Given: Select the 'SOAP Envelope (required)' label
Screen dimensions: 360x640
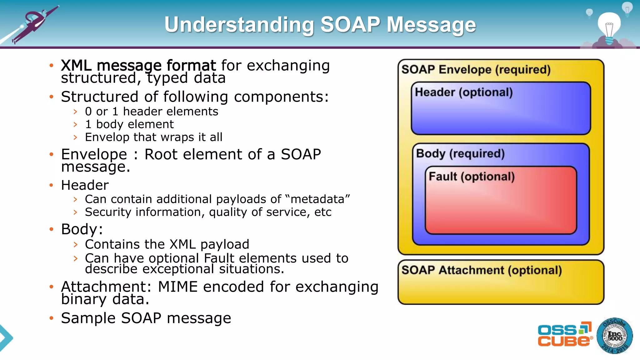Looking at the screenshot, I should [476, 69].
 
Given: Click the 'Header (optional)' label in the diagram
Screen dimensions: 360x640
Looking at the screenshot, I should [464, 92].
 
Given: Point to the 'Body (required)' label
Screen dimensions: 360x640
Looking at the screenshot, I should [460, 153].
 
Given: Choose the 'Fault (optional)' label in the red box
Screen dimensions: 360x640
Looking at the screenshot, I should [472, 177].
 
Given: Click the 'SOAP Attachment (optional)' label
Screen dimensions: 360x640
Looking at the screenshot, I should [482, 270].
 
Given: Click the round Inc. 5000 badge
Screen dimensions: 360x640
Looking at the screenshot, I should [614, 336].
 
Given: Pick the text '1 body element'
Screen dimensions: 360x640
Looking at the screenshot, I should [129, 124].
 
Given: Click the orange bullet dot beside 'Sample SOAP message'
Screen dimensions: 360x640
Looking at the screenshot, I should [52, 318].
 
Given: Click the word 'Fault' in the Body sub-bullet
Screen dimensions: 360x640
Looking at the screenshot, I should [219, 258].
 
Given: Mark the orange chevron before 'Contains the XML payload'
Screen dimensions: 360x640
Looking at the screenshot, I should [75, 244].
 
